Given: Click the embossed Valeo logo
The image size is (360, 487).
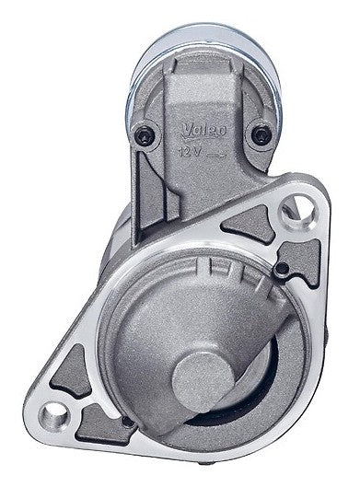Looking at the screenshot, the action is click(x=203, y=131).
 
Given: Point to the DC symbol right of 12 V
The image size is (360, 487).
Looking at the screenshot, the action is click(x=215, y=155).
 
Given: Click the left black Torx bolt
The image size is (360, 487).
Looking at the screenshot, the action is click(x=145, y=135).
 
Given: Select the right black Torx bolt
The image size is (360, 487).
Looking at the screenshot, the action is click(x=261, y=135).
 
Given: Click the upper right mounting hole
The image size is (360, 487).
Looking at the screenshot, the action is click(x=297, y=212).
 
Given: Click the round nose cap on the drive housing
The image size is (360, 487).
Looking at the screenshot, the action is click(x=203, y=382).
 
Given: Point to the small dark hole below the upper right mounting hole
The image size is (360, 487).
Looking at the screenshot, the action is click(x=282, y=268).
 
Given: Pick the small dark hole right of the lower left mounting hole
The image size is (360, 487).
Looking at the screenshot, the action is click(x=128, y=422).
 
